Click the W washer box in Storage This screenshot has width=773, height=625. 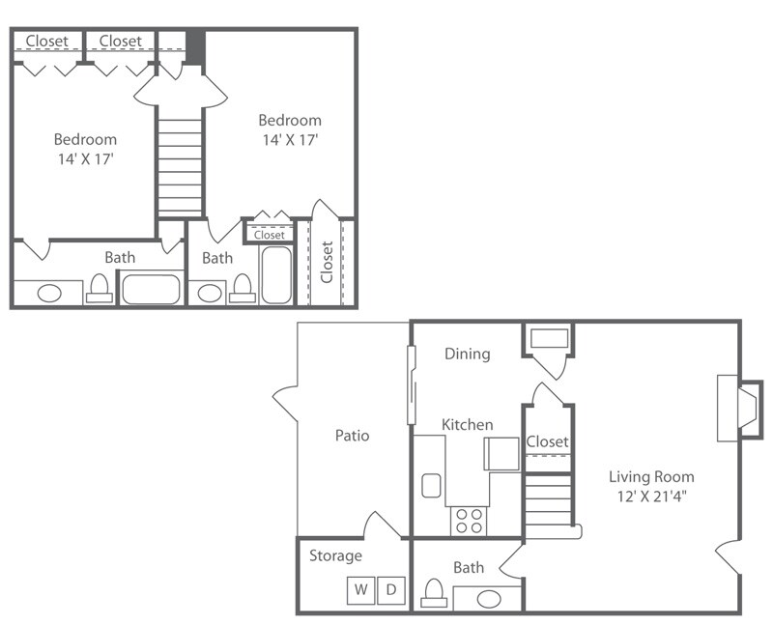pyautogui.click(x=360, y=588)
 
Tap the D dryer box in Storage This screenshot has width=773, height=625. pyautogui.click(x=391, y=588)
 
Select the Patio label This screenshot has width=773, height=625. pyautogui.click(x=352, y=436)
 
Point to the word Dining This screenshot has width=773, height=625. pyautogui.click(x=467, y=354)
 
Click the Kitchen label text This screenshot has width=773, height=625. pyautogui.click(x=468, y=425)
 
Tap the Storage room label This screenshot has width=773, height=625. pyautogui.click(x=335, y=555)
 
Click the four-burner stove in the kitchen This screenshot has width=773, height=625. pyautogui.click(x=470, y=521)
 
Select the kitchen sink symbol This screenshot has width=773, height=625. pyautogui.click(x=431, y=485)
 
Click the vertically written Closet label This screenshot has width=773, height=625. pyautogui.click(x=327, y=262)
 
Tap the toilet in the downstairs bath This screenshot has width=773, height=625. pyautogui.click(x=435, y=593)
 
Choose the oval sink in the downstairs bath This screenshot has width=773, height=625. pyautogui.click(x=490, y=599)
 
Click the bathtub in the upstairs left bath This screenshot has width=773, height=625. pyautogui.click(x=151, y=289)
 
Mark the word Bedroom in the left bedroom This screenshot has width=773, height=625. pyautogui.click(x=85, y=139)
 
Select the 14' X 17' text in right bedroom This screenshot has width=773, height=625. pyautogui.click(x=289, y=140)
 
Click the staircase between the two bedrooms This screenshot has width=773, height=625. pyautogui.click(x=180, y=164)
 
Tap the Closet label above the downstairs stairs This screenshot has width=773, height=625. pyautogui.click(x=548, y=441)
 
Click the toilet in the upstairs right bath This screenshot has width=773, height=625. pyautogui.click(x=243, y=289)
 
